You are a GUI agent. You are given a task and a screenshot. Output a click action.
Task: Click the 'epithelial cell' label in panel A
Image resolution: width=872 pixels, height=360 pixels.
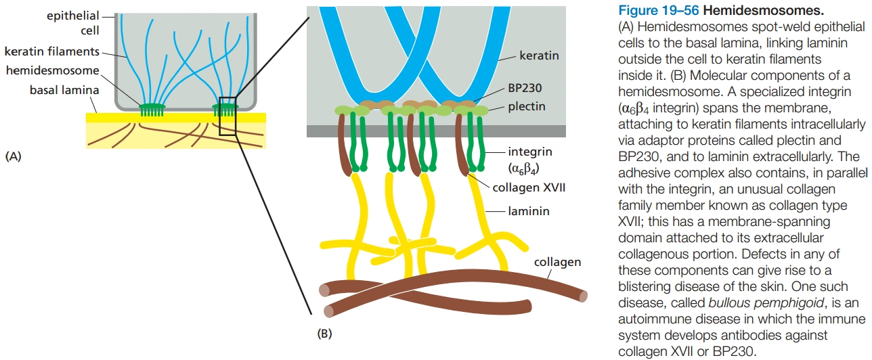pyautogui.click(x=72, y=23)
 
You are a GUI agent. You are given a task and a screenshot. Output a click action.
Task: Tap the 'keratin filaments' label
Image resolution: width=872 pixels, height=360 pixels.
pyautogui.click(x=51, y=51)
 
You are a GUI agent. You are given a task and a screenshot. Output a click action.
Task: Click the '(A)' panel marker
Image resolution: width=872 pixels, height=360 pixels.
pyautogui.click(x=14, y=156)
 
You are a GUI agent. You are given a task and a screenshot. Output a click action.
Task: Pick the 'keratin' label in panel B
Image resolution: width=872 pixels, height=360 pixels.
pyautogui.click(x=539, y=55)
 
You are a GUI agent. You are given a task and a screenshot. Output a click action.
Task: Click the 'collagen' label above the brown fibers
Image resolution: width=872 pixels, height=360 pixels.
pyautogui.click(x=557, y=262)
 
